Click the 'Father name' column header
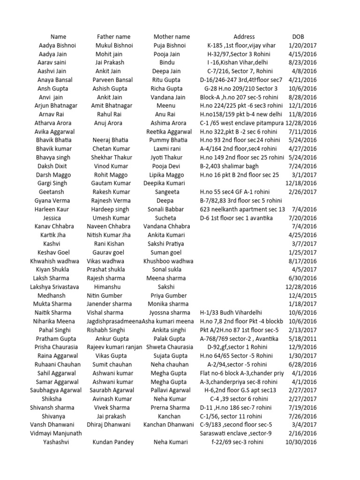(x=113, y=37)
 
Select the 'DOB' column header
(x=298, y=37)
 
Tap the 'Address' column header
(x=244, y=37)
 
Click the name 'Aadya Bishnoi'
(x=58, y=45)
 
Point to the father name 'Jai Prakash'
(x=110, y=63)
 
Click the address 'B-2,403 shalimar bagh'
(x=230, y=166)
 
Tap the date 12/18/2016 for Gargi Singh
(x=301, y=184)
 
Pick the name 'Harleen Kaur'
(x=52, y=210)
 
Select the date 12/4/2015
(x=304, y=296)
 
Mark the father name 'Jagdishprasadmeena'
(x=114, y=322)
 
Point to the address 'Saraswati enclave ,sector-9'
(x=235, y=434)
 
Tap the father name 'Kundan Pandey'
(x=113, y=442)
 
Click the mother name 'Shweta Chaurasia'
(x=170, y=347)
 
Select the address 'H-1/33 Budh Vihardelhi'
(x=231, y=313)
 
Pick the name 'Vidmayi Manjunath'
(x=56, y=434)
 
